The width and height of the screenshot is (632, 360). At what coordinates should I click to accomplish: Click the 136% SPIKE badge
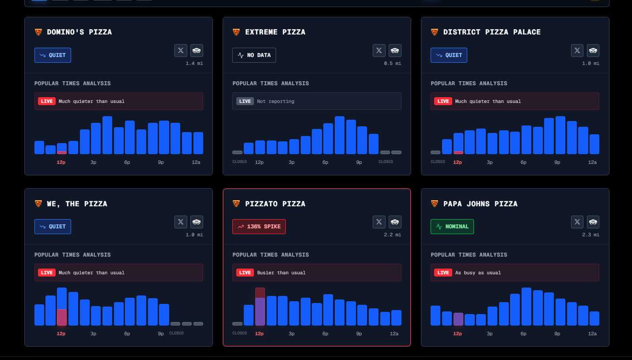click(x=259, y=227)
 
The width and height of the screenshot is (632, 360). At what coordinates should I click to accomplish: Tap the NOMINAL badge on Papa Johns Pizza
click(x=452, y=227)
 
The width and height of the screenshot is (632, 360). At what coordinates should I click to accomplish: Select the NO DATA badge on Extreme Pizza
click(x=254, y=55)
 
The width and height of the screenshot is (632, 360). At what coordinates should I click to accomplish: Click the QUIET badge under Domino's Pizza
click(x=53, y=55)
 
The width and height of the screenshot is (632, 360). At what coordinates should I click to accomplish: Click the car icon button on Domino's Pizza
click(x=197, y=50)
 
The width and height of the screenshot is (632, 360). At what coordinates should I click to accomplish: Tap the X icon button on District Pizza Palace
click(x=577, y=50)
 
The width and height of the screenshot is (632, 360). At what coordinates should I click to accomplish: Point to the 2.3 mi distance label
click(x=590, y=235)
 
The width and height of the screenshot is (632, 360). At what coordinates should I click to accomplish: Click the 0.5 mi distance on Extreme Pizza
click(x=392, y=64)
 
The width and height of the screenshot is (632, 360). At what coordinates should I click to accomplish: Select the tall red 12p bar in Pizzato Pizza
click(x=260, y=307)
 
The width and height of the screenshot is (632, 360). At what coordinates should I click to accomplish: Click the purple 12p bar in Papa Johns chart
click(x=458, y=319)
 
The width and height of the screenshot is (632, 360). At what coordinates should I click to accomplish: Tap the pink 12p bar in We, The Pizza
click(x=62, y=318)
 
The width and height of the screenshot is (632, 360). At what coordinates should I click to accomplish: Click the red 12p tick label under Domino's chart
click(x=61, y=162)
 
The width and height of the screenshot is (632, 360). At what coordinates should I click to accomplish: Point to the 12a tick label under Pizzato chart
click(x=394, y=334)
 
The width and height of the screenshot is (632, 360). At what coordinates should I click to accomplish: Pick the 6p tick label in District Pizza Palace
click(x=523, y=162)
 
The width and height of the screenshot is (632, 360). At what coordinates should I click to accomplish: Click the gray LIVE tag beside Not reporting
click(x=245, y=101)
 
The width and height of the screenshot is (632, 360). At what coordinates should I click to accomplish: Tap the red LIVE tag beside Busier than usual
click(x=245, y=273)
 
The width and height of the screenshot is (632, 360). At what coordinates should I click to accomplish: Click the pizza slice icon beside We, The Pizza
click(x=38, y=204)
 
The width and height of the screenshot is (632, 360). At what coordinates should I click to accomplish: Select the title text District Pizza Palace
click(x=492, y=32)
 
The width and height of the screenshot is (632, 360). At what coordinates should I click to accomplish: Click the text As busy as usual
click(x=478, y=273)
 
